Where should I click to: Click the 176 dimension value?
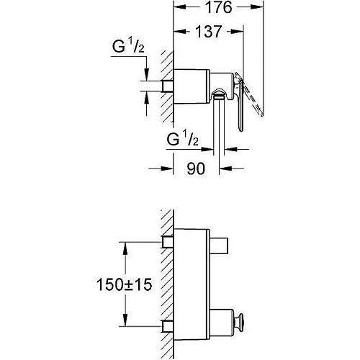pyautogui.click(x=219, y=7)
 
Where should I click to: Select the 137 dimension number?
pyautogui.click(x=208, y=32)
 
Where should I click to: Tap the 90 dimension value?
pyautogui.click(x=196, y=168)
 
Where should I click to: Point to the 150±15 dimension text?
pyautogui.click(x=124, y=284)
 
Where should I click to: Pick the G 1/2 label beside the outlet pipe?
pyautogui.click(x=182, y=138)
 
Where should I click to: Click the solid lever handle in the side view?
pyautogui.click(x=240, y=106)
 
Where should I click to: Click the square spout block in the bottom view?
pyautogui.click(x=219, y=246)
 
